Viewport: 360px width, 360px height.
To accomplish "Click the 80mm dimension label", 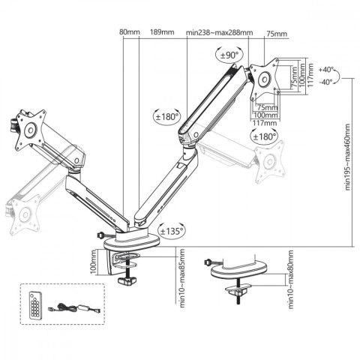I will (x=129, y=32).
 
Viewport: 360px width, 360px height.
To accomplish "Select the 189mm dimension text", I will (x=162, y=32).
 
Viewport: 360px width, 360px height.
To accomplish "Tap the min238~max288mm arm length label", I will (x=220, y=32).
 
